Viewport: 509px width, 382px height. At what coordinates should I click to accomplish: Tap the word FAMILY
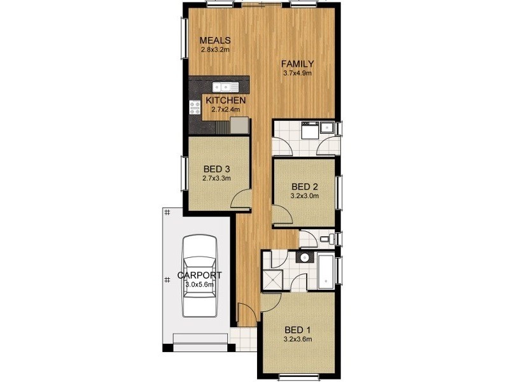coord(298,63)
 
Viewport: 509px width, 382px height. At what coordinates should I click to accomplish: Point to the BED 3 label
coord(216,169)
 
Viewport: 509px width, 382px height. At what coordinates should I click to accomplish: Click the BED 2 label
coord(304,187)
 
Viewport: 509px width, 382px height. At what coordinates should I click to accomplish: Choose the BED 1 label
coord(298,330)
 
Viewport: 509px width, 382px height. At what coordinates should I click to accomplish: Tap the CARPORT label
coord(199,275)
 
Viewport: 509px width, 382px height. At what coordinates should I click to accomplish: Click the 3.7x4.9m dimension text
coord(298,73)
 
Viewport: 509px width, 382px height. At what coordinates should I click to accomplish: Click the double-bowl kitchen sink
coord(224,87)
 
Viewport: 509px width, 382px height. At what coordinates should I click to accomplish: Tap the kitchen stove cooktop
coord(194,108)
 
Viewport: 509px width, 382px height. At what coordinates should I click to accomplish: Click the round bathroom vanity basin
coord(304,258)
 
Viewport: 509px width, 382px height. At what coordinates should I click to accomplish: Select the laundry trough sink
coord(327,127)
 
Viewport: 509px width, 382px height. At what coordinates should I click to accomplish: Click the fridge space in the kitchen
coord(240,125)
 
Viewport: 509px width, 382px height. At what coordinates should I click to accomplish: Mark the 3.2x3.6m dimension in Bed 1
coord(298,339)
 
